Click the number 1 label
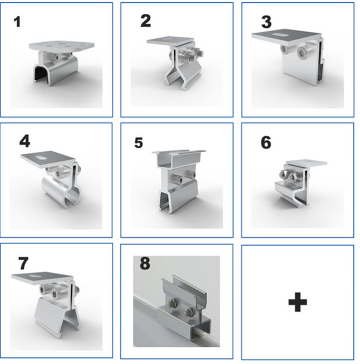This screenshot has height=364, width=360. tap(17, 22)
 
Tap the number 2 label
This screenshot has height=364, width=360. tap(146, 21)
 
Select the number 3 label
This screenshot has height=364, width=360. tap(267, 22)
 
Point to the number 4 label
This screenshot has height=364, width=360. tap(24, 142)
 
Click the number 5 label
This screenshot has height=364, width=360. tap(139, 142)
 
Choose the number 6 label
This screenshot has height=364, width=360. tap(266, 142)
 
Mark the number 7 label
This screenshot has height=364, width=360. tap(23, 264)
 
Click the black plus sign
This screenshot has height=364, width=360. tap(298, 302)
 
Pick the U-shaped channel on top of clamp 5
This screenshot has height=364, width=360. tap(179, 158)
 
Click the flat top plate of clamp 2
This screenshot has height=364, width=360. tap(170, 41)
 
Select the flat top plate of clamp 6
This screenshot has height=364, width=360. tap(307, 163)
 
